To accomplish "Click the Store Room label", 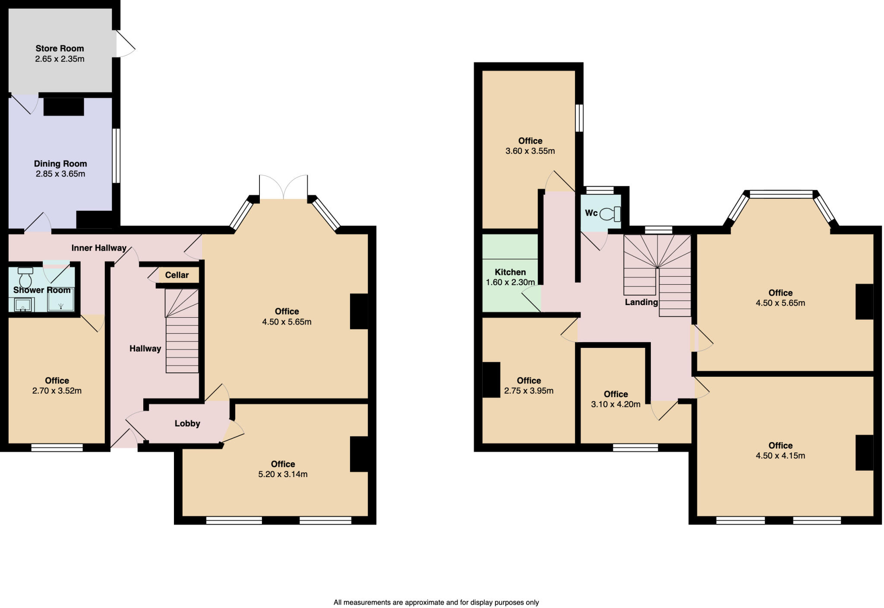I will click(x=60, y=48).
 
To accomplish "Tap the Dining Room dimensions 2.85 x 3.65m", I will click(x=60, y=174).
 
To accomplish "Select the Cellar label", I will click(x=177, y=275).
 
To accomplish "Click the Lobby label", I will click(x=187, y=423).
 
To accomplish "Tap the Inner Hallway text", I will click(x=99, y=248).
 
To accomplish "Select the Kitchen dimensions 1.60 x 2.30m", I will click(x=510, y=283).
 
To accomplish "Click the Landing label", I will click(x=641, y=302).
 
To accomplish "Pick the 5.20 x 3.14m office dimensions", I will click(x=283, y=474).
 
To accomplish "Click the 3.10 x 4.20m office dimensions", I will click(x=616, y=404).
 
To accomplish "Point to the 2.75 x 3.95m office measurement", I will click(x=529, y=391).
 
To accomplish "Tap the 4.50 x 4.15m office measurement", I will click(x=780, y=455).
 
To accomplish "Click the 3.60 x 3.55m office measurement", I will click(x=530, y=151).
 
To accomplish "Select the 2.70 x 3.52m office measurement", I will click(x=57, y=391).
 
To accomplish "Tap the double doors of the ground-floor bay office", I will click(x=284, y=188).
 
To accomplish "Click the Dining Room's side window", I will click(x=116, y=156).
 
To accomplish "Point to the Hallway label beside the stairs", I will click(x=145, y=349).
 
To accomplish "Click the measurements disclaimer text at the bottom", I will click(x=436, y=602).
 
